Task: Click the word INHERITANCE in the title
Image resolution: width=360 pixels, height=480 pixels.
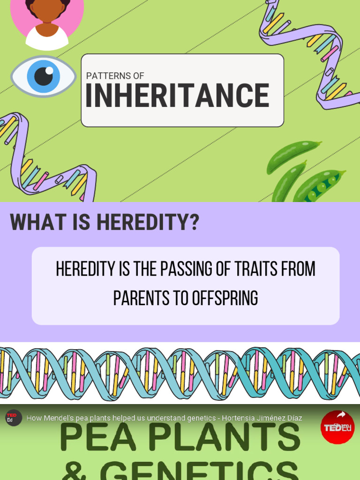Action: pos(177,96)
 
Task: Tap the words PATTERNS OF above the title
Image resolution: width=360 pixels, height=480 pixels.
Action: pos(115,75)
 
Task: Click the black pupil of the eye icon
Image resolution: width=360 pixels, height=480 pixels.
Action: pos(44,76)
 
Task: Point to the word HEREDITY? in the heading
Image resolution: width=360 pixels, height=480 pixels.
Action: pos(148,222)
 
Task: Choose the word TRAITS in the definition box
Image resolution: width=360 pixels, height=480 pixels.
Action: pos(255,269)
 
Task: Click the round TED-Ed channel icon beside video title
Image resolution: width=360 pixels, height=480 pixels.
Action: pos(14,417)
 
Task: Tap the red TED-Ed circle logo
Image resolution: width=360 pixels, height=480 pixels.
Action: pos(337,427)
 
